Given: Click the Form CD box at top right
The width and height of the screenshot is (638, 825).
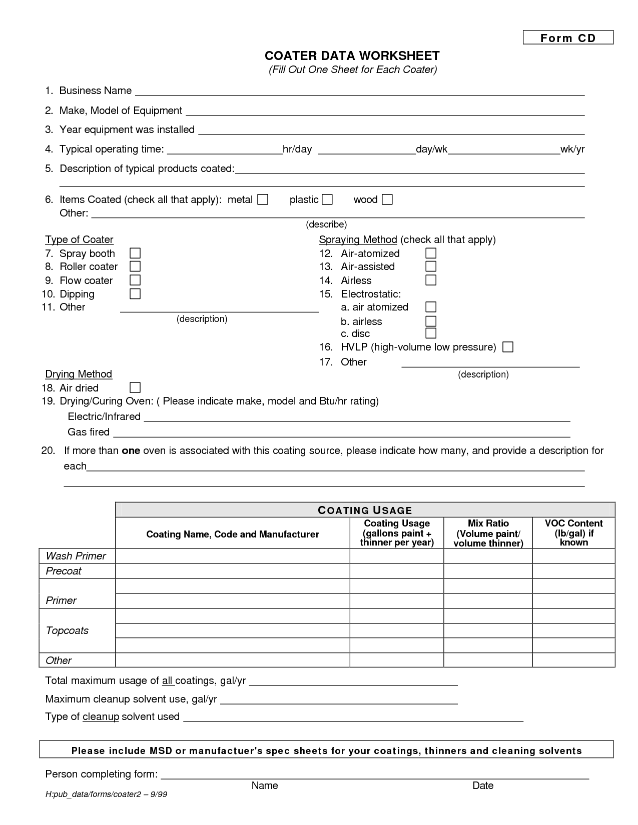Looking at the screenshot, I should (x=568, y=38).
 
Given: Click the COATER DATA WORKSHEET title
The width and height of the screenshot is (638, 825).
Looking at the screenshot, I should (x=352, y=55).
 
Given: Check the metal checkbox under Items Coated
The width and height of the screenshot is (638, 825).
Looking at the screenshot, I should (x=263, y=200).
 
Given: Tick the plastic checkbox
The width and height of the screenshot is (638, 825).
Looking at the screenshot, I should (x=327, y=200).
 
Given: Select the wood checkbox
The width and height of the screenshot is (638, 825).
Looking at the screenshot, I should (x=387, y=200).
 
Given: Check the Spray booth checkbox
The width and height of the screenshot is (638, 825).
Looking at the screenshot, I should (x=135, y=253).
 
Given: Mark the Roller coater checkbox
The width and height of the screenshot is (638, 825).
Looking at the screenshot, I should (x=135, y=266).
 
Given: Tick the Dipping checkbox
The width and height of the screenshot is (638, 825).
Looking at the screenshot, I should (x=135, y=293).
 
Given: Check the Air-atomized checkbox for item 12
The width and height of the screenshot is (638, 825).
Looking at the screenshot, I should (x=431, y=253).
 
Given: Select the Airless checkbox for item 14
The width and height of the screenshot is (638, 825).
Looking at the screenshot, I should (x=431, y=280).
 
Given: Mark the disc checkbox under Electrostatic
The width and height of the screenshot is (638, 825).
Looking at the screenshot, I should (x=431, y=333).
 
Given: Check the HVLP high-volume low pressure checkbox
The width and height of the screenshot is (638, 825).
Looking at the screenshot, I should (x=508, y=347).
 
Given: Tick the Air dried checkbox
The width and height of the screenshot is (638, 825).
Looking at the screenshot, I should (x=135, y=387).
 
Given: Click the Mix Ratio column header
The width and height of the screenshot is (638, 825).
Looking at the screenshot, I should (x=488, y=533).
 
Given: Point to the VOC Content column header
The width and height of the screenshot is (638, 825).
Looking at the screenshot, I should (x=573, y=533).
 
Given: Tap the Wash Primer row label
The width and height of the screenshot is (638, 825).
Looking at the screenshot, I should (x=76, y=556).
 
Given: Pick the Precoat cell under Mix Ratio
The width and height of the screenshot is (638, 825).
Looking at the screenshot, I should (x=488, y=571).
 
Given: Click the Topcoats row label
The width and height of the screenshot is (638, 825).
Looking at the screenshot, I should (x=67, y=630).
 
